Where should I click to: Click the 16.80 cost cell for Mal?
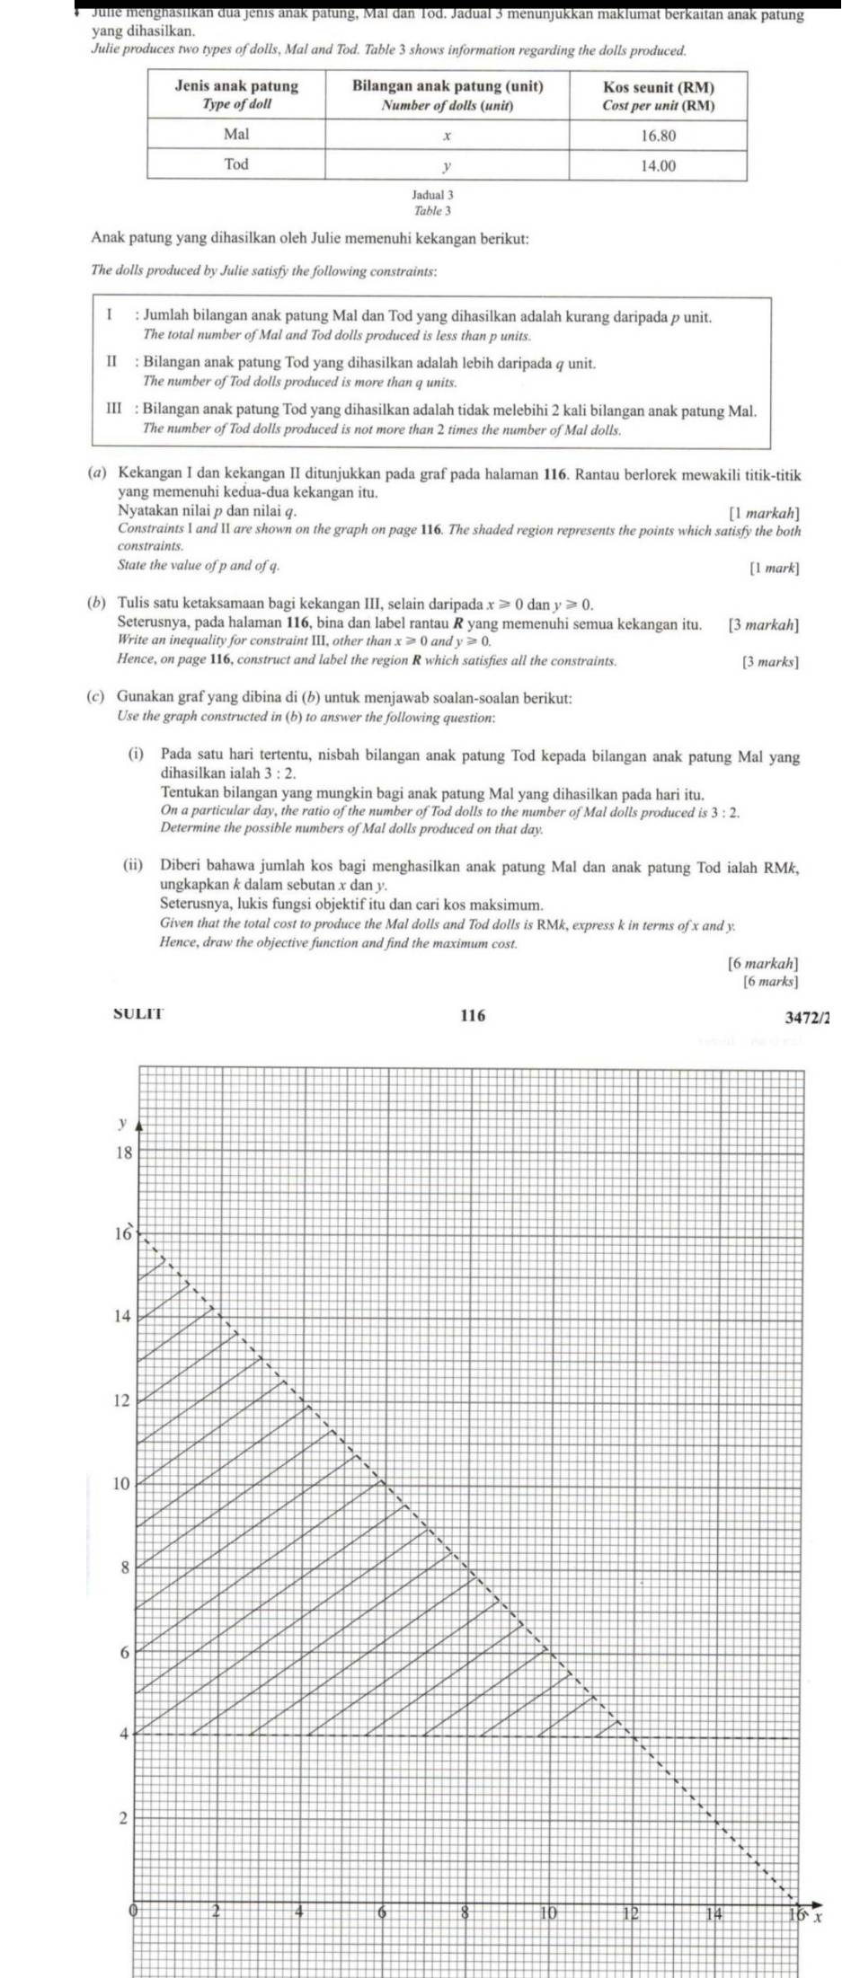[x=658, y=136]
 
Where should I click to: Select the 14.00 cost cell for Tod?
[x=658, y=165]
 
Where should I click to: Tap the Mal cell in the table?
[x=236, y=135]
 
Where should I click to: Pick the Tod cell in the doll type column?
[x=236, y=164]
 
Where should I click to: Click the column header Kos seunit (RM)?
[x=658, y=95]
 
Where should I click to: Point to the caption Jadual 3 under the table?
[x=432, y=194]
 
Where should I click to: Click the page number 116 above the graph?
[x=473, y=1016]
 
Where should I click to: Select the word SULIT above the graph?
[x=139, y=1015]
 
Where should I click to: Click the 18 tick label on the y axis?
[x=123, y=1153]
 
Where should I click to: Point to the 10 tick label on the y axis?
[x=121, y=1483]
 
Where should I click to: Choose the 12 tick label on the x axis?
[x=631, y=1913]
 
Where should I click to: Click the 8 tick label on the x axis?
[x=465, y=1913]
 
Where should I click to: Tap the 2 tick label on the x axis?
[x=216, y=1912]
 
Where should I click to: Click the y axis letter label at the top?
[x=120, y=1123]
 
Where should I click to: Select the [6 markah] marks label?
[x=763, y=963]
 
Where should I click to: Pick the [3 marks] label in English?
[x=770, y=662]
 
